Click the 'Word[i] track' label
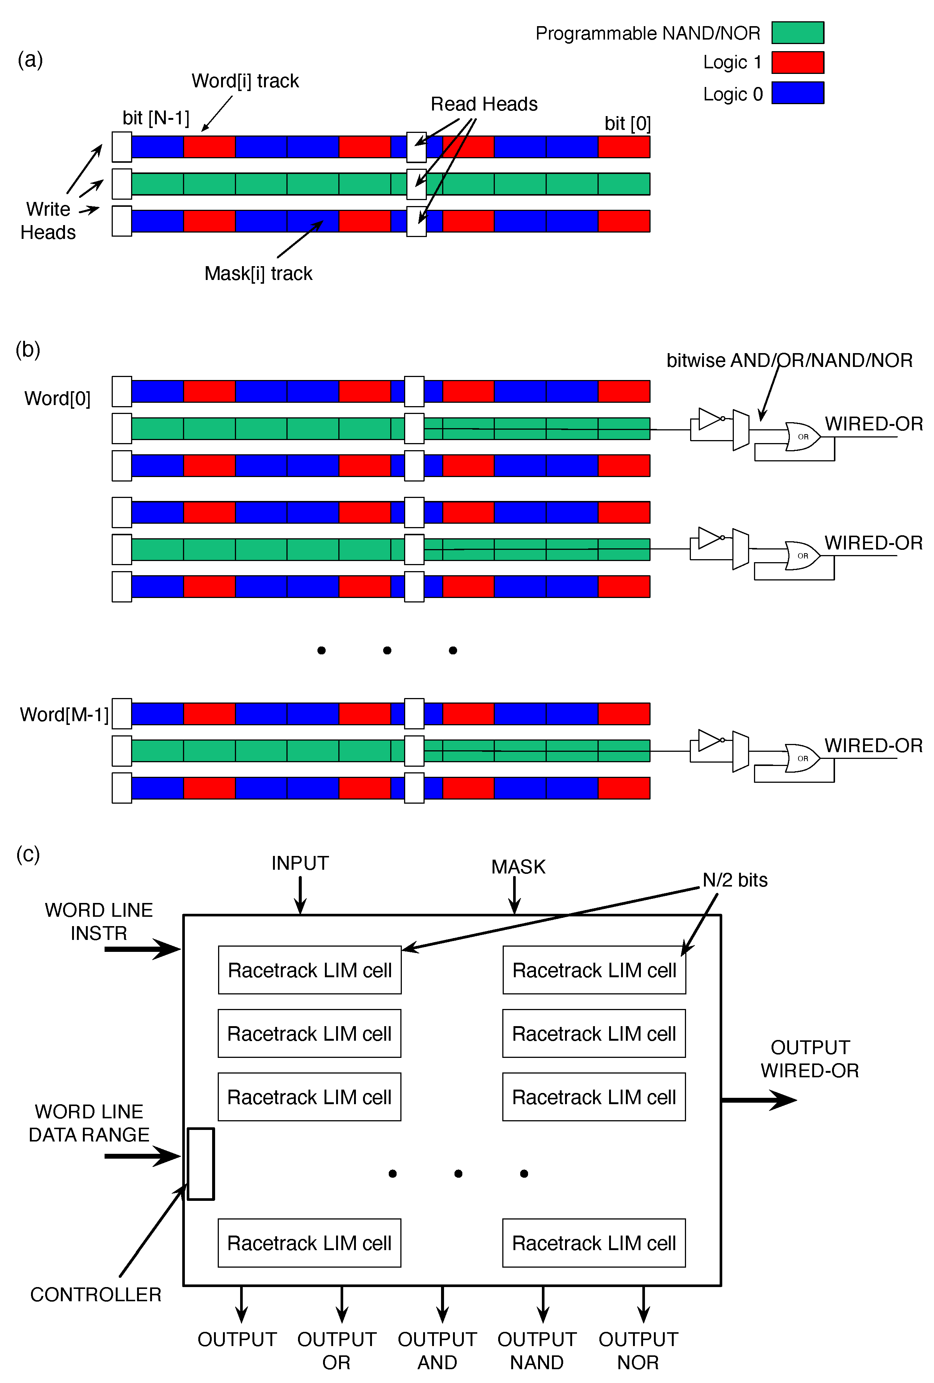(245, 81)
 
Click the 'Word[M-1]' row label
(64, 714)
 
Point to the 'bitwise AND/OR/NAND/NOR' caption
(789, 360)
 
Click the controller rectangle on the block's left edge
(201, 1164)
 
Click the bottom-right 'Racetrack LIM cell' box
(593, 1243)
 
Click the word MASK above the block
(518, 866)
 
